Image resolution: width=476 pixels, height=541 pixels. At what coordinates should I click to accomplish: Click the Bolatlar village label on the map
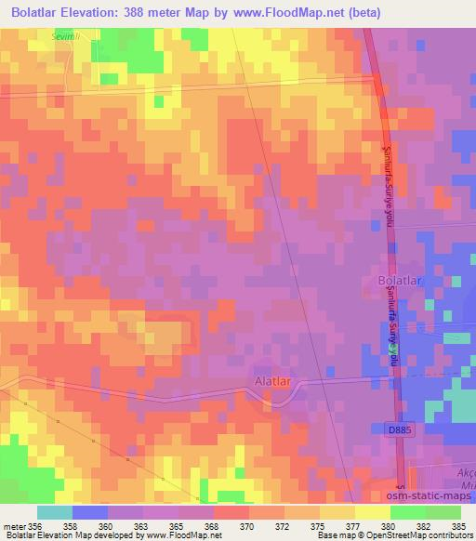click(402, 279)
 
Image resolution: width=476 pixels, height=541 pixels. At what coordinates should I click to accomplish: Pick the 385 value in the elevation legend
click(457, 527)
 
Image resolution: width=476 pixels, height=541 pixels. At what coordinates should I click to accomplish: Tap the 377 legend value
click(353, 527)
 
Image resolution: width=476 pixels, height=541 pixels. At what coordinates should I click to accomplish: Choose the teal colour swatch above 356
click(55, 512)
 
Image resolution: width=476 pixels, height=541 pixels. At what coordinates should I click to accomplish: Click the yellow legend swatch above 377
click(337, 512)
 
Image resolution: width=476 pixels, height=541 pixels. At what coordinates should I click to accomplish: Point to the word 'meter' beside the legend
click(14, 527)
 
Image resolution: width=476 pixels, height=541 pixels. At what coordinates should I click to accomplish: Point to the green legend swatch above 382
click(408, 512)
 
